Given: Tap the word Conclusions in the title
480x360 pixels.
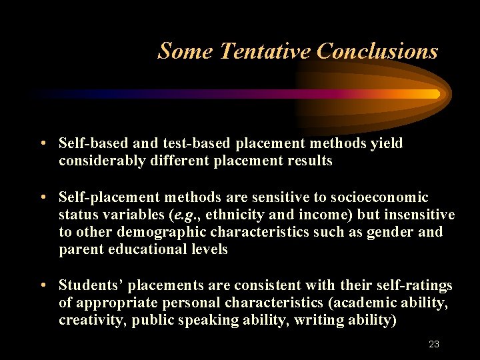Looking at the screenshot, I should pyautogui.click(x=377, y=51).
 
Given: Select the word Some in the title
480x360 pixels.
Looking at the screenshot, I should pyautogui.click(x=185, y=51).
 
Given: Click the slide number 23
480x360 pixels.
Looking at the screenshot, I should pyautogui.click(x=434, y=345).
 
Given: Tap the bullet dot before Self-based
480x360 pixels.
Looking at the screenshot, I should pyautogui.click(x=43, y=144).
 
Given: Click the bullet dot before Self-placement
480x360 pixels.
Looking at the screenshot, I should pyautogui.click(x=43, y=198).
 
